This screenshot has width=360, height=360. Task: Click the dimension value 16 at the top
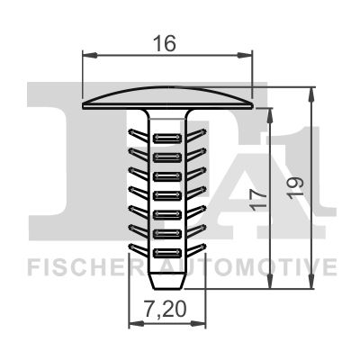coord(164,43)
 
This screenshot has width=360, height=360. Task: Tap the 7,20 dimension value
coord(166,310)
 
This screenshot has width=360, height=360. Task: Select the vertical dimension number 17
coord(260,200)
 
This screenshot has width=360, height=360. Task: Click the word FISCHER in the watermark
coord(86,267)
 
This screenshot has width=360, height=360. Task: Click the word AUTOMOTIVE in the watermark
coord(247,267)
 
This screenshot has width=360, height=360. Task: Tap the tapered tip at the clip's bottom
coord(167,281)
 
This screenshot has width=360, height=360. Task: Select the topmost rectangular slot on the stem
coord(167,138)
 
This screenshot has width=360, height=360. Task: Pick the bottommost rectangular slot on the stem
coord(167,253)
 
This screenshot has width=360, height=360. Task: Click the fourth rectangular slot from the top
coord(167,195)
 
